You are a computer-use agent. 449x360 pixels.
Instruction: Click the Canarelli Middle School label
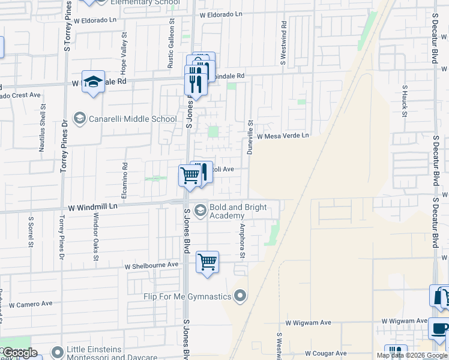(x=133, y=119)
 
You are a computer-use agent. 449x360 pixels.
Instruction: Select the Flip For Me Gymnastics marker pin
(x=240, y=295)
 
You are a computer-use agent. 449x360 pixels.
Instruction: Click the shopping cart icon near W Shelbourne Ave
(x=207, y=262)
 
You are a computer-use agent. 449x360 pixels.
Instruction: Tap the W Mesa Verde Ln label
(x=283, y=136)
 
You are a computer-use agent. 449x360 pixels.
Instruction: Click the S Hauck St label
(x=404, y=101)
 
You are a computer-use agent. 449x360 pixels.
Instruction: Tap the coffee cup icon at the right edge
(x=439, y=329)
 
